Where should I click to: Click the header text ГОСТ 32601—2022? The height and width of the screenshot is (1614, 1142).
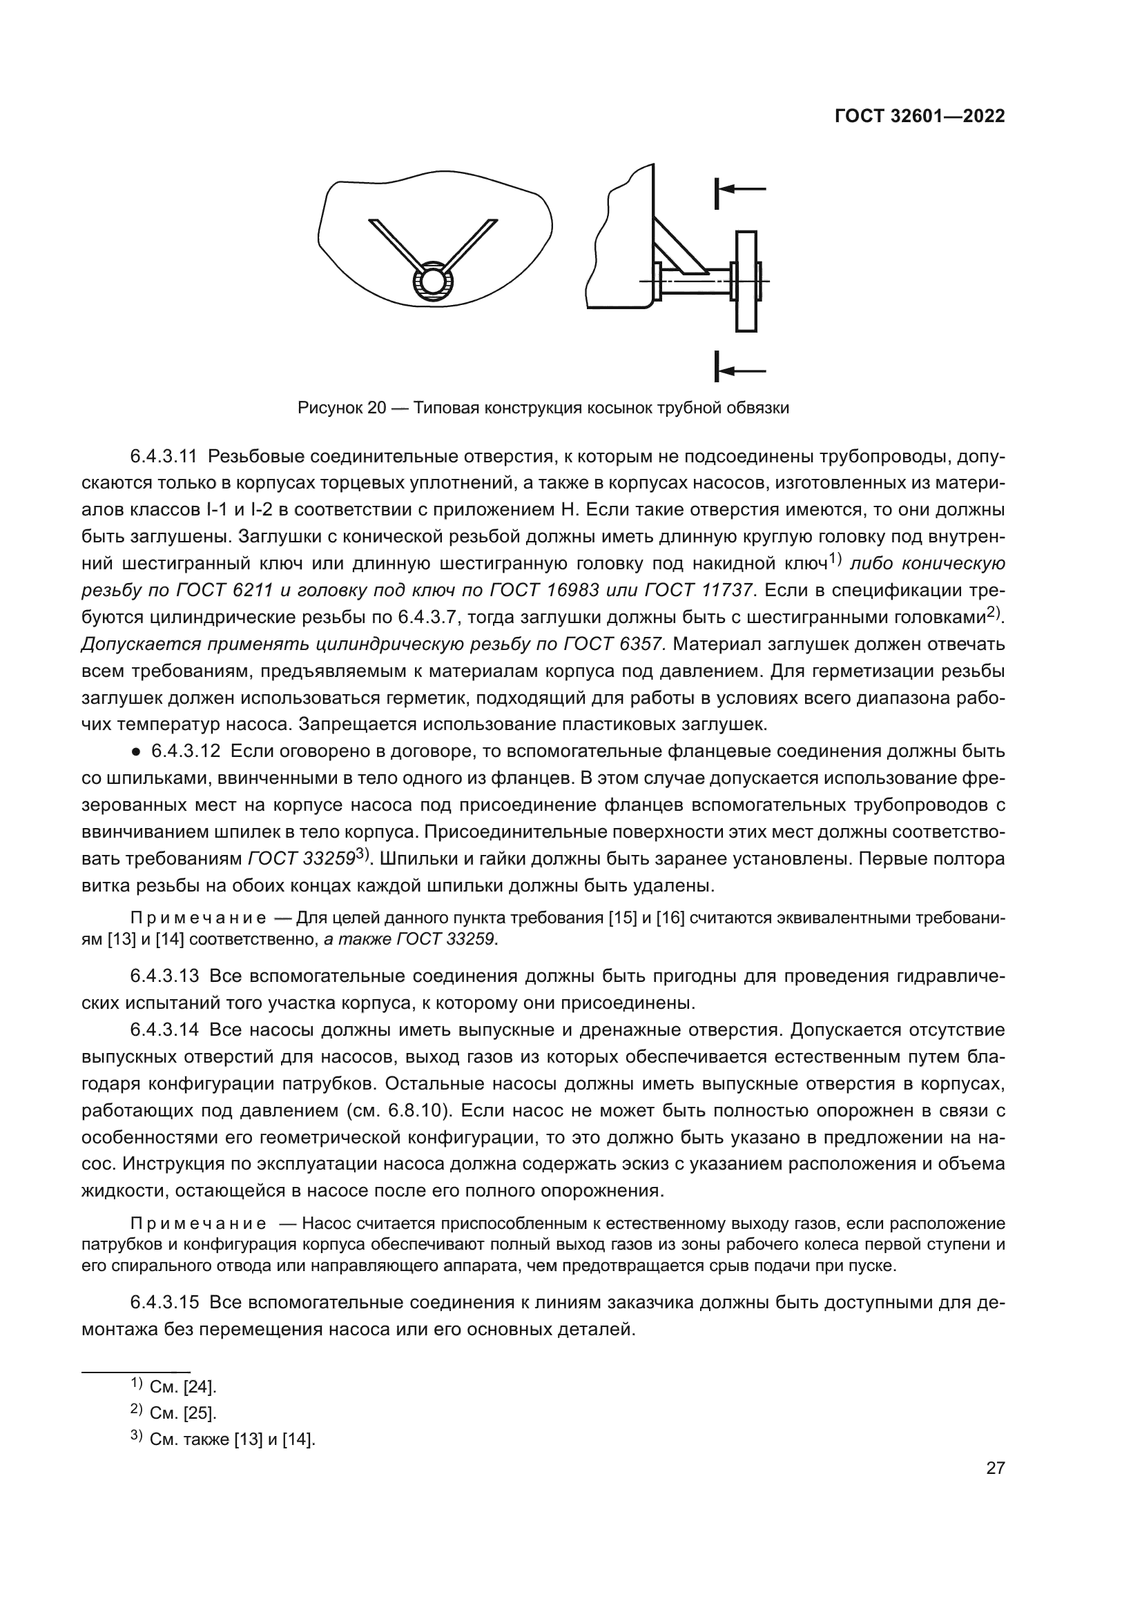[x=919, y=116]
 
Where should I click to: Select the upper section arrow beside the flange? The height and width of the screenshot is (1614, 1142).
[x=738, y=189]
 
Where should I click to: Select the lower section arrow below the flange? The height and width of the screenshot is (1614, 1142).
[x=738, y=371]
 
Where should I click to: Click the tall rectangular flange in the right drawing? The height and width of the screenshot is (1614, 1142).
[x=746, y=281]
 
